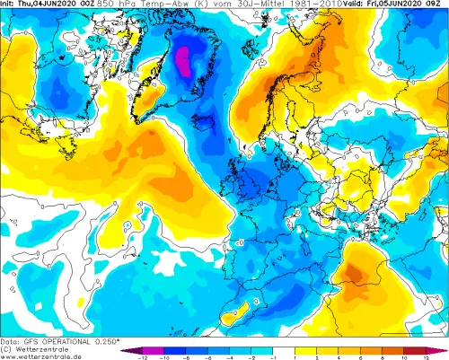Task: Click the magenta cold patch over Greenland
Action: (182, 61)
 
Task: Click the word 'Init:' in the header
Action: (10, 4)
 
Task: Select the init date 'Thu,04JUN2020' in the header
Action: (43, 4)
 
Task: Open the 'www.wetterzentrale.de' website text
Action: (40, 356)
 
